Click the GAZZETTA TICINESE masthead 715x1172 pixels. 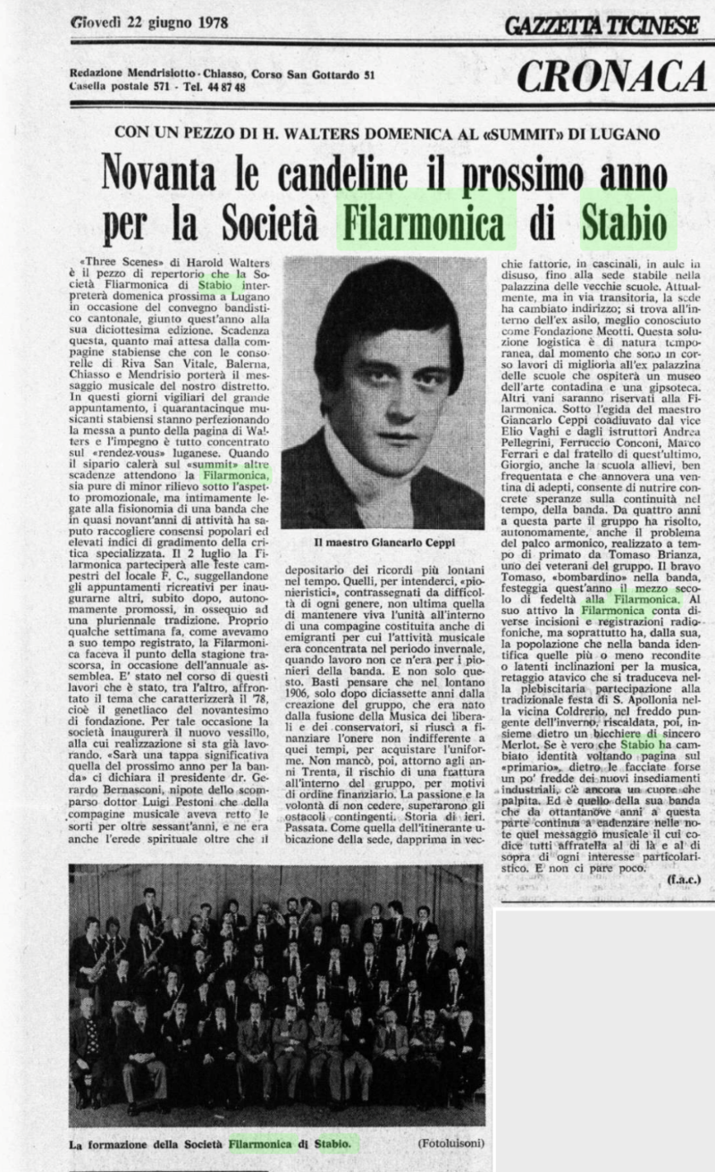tap(601, 24)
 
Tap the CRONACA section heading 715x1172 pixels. tap(611, 77)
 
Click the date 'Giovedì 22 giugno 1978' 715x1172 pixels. tap(148, 21)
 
